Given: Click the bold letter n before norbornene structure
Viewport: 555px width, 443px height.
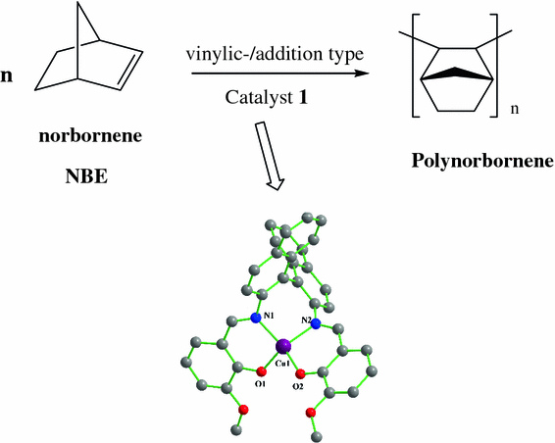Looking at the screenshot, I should coord(7,74).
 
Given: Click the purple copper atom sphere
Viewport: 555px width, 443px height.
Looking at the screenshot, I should coord(283,347).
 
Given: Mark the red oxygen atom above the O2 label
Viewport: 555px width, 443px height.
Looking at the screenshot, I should coord(298,373).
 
